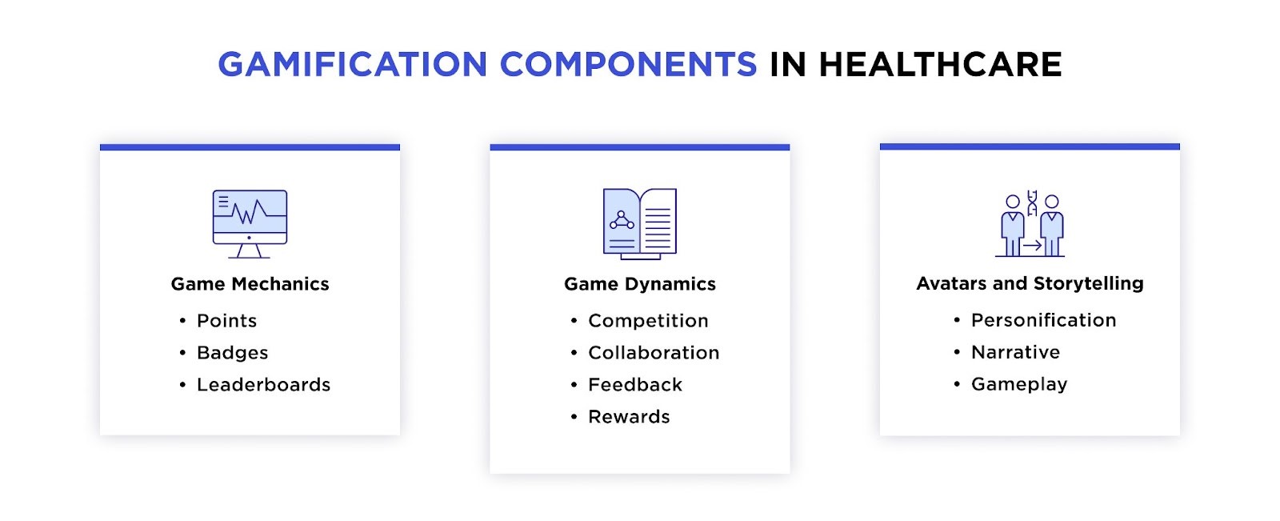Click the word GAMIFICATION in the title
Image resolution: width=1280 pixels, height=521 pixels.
[x=353, y=63]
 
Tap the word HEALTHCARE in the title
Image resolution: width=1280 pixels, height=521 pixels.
[x=941, y=63]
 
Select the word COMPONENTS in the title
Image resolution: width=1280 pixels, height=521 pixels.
[x=629, y=63]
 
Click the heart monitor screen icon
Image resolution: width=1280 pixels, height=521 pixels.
[x=250, y=224]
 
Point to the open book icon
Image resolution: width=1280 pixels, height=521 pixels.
[x=640, y=224]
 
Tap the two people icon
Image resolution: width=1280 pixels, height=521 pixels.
[x=1030, y=224]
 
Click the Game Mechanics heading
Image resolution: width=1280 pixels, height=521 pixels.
[x=250, y=283]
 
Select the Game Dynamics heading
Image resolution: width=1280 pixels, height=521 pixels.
[x=640, y=283]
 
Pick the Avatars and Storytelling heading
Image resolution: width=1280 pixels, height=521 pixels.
[x=1030, y=283]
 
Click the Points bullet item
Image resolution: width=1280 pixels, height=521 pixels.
[x=227, y=321]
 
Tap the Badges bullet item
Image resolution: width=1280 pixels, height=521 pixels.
[x=233, y=353]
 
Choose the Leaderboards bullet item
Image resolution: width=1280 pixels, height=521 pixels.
[x=263, y=385]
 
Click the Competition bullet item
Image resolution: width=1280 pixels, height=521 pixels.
[x=648, y=321]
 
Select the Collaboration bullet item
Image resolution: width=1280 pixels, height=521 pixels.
[x=654, y=353]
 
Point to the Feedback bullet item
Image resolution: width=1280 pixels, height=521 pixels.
[x=635, y=385]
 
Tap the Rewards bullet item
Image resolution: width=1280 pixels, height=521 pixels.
[x=629, y=417]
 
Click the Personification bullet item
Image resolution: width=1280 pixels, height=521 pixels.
[x=1043, y=320]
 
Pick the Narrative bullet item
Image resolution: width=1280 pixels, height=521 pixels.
[x=1015, y=352]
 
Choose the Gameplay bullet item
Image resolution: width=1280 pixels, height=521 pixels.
[x=1019, y=384]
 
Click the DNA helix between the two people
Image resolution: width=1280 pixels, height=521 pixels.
[x=1032, y=203]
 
